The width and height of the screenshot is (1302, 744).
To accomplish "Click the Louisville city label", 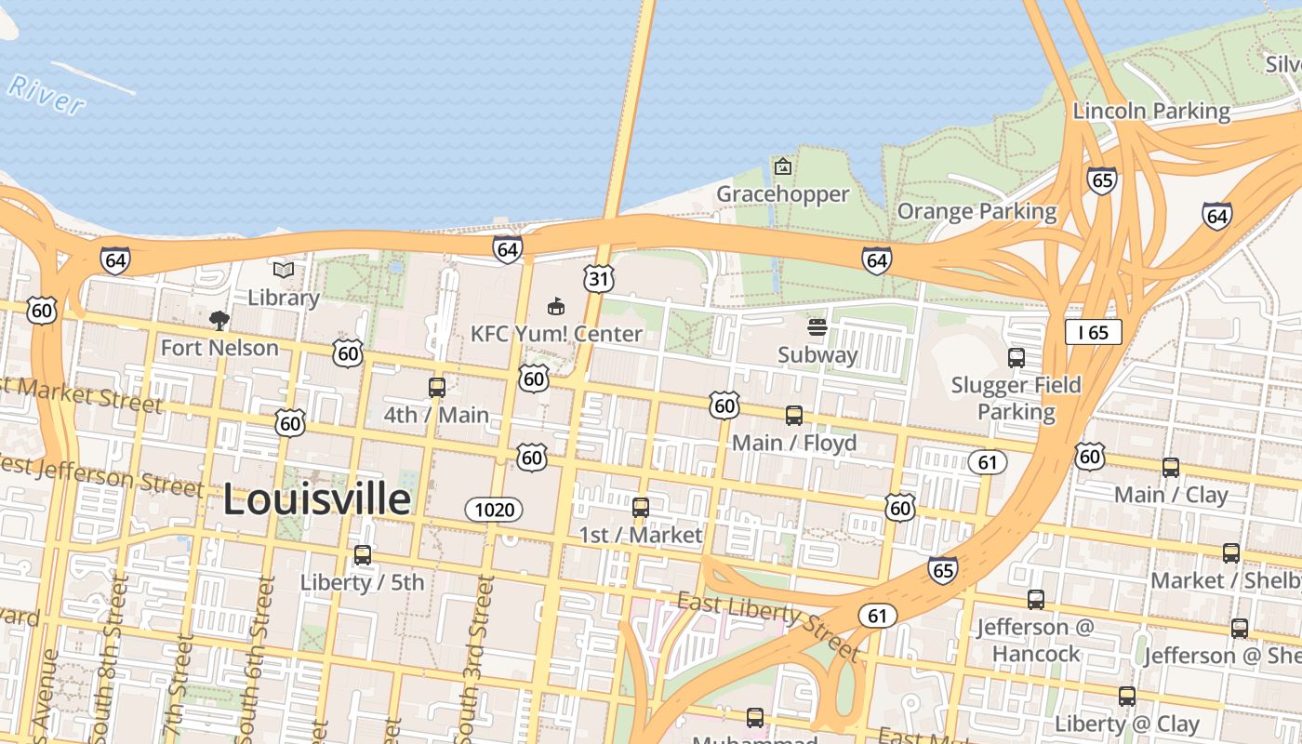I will click(316, 499).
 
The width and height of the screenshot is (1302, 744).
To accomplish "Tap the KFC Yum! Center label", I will click(556, 333).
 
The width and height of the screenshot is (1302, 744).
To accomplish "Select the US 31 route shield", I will click(600, 277).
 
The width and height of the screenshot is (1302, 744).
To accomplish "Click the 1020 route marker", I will click(494, 509).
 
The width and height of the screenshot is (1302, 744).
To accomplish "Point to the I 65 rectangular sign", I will click(1094, 332).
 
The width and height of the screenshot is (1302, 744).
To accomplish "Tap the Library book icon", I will click(284, 271).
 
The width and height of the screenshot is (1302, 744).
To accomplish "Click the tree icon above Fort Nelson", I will click(219, 321).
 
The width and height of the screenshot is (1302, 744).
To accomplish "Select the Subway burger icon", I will click(817, 326).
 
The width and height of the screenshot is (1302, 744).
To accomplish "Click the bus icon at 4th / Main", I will click(436, 388).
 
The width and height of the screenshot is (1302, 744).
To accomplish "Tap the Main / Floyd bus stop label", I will click(794, 443).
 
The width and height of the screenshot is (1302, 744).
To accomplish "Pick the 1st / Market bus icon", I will click(641, 508).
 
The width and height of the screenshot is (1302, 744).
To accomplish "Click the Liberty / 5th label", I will click(362, 582).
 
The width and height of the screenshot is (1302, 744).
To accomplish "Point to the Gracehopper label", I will click(782, 193).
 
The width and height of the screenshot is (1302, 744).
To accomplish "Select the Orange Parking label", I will click(976, 211).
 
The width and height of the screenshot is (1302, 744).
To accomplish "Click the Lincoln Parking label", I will click(1151, 111).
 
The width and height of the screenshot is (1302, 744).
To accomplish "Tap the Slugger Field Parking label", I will click(1016, 398).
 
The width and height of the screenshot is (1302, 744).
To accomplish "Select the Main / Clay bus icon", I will click(1171, 468).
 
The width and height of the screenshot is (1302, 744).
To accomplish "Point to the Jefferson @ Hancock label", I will click(1035, 640).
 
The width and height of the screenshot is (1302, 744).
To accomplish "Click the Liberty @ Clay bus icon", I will click(1127, 697).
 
